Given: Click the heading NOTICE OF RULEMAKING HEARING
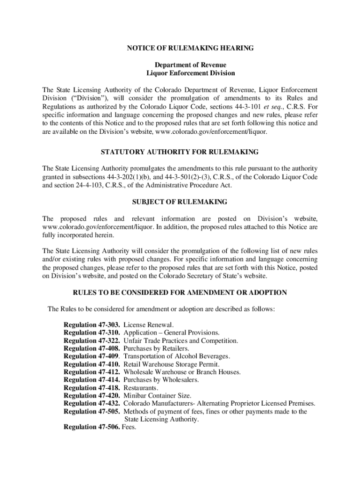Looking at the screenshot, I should point(190,48).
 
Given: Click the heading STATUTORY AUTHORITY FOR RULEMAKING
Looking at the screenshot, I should point(180,152).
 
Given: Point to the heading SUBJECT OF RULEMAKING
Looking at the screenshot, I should point(180,202).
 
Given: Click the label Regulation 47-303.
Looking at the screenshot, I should point(92,324).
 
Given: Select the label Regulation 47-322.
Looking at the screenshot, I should point(92,340).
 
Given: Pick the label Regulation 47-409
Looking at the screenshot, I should point(92,356).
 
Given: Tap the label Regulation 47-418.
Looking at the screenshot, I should point(92,388).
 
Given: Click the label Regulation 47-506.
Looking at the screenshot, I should point(92,428).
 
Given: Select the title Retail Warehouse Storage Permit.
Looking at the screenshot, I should point(171,364).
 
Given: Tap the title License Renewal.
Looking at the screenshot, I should point(148,324).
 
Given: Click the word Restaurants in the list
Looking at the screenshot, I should point(141,388).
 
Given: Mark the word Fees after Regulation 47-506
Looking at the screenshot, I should point(129,428).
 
